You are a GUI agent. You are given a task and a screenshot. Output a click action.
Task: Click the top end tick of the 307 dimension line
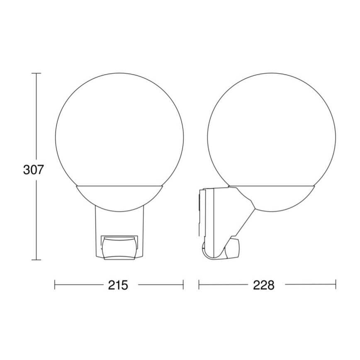click(x=36, y=73)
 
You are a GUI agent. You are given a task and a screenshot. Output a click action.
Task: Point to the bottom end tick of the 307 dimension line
click(x=36, y=260)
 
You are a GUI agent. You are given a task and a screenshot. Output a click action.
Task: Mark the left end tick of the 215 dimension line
click(x=55, y=285)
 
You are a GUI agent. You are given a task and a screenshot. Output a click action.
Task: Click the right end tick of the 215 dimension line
click(x=183, y=285)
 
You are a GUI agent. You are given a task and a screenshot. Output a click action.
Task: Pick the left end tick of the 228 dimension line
click(x=199, y=285)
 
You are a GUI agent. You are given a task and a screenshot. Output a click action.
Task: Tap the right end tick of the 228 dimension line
click(x=336, y=285)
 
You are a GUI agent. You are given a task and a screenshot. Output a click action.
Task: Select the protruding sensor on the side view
click(x=231, y=249)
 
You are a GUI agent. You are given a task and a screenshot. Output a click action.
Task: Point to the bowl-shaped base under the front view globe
click(x=119, y=195)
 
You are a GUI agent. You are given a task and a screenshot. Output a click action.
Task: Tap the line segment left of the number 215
click(x=79, y=285)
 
